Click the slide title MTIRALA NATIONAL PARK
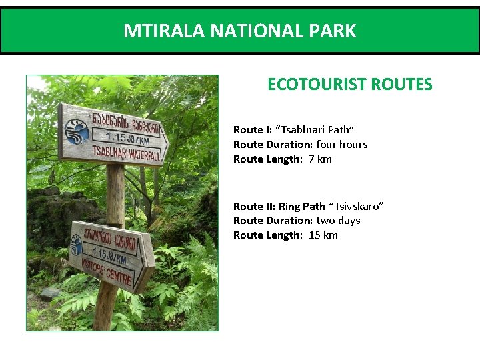[239, 31]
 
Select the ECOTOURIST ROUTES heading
[349, 85]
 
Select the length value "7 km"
[320, 159]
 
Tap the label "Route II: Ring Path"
[279, 206]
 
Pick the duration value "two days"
[338, 220]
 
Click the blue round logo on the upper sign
[79, 131]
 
